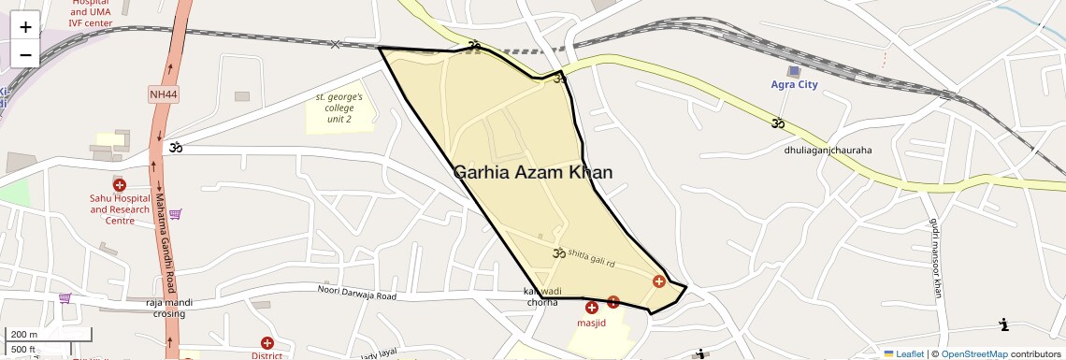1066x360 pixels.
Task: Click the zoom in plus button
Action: point(25,26)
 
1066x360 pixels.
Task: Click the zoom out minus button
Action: point(25,54)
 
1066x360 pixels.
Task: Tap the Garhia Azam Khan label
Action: point(533,172)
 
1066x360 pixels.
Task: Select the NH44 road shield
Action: point(162,94)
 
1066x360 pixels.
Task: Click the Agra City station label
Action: point(794,85)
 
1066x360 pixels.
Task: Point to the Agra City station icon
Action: point(794,71)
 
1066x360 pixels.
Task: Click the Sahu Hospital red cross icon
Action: point(120,184)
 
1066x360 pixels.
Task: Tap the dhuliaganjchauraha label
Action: point(828,150)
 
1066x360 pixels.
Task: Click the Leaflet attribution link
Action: point(903,353)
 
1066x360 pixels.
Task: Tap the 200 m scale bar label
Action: point(24,334)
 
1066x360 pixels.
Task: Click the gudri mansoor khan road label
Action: point(934,258)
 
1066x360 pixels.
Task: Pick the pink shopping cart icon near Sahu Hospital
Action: point(175,214)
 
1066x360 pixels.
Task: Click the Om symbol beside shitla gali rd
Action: point(559,252)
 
